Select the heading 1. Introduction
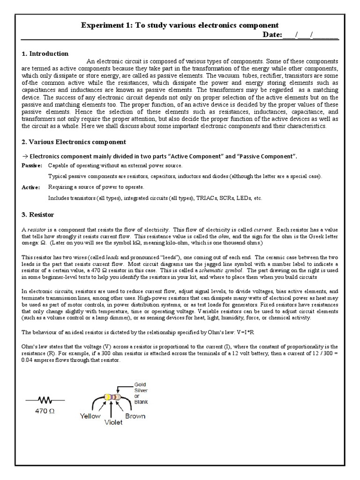coord(45,53)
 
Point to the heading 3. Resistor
coord(38,215)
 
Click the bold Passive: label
coord(32,166)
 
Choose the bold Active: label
coord(30,187)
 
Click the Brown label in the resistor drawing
coord(135,416)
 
